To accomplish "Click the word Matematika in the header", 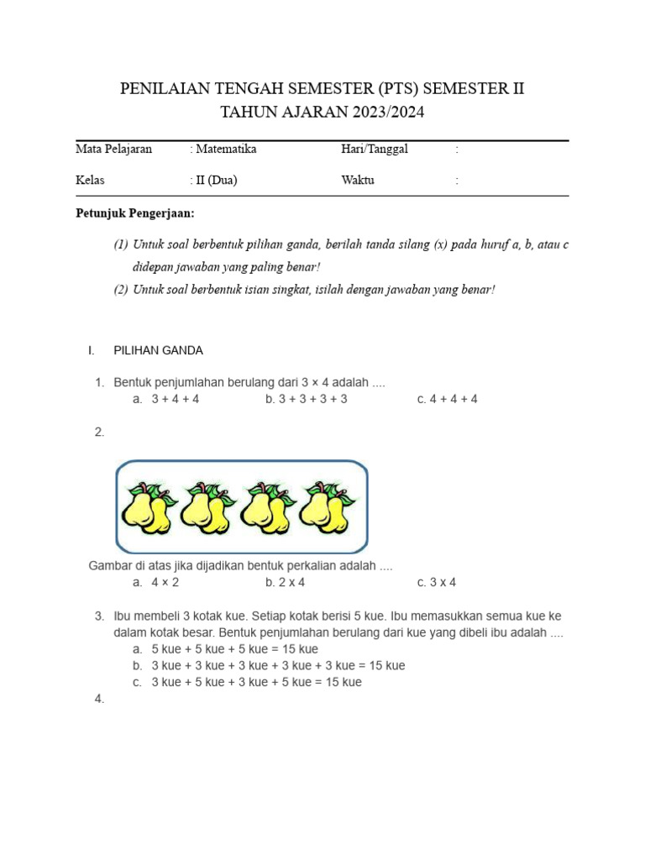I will pos(226,149).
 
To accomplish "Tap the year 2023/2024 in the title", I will pos(378,112).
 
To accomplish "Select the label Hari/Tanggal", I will pos(375,149).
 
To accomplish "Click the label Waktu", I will pos(358,181).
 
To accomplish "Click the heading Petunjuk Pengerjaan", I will pos(135,214).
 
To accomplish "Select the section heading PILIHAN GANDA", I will pos(158,350).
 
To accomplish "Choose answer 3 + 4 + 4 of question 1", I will pos(175,399).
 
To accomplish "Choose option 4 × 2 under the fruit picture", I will pos(165,582).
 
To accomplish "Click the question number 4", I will pos(99,699).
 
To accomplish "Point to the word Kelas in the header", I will pos(91,181).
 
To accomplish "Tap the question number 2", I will pos(99,432).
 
